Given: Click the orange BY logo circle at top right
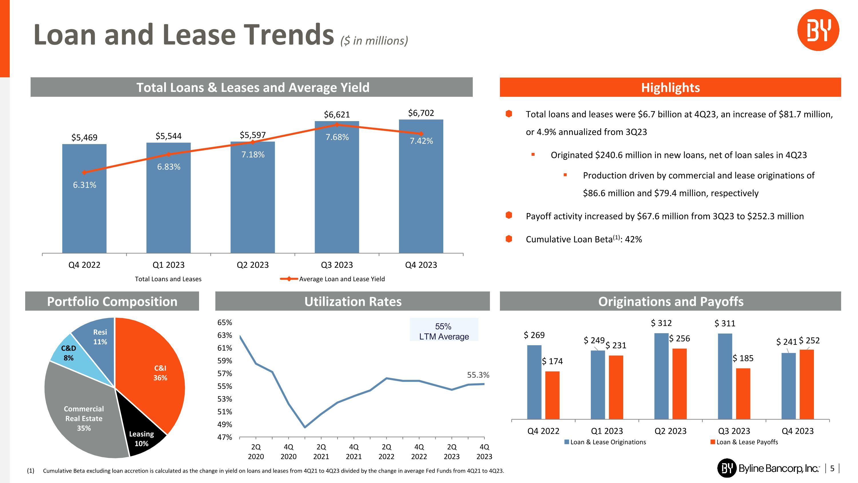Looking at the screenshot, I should [818, 30].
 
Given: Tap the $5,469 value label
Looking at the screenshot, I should [84, 137].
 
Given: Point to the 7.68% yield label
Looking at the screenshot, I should [337, 137].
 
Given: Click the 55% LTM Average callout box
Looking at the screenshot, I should [444, 331].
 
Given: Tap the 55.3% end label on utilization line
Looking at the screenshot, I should [478, 375].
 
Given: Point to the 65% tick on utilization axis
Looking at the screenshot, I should [225, 322].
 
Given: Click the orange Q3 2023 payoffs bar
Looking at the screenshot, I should [743, 393].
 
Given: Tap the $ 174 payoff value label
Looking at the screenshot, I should [552, 361].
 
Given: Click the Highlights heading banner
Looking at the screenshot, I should [670, 87].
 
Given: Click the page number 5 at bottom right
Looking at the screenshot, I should [832, 468].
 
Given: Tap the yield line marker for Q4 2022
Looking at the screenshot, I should [84, 172].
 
